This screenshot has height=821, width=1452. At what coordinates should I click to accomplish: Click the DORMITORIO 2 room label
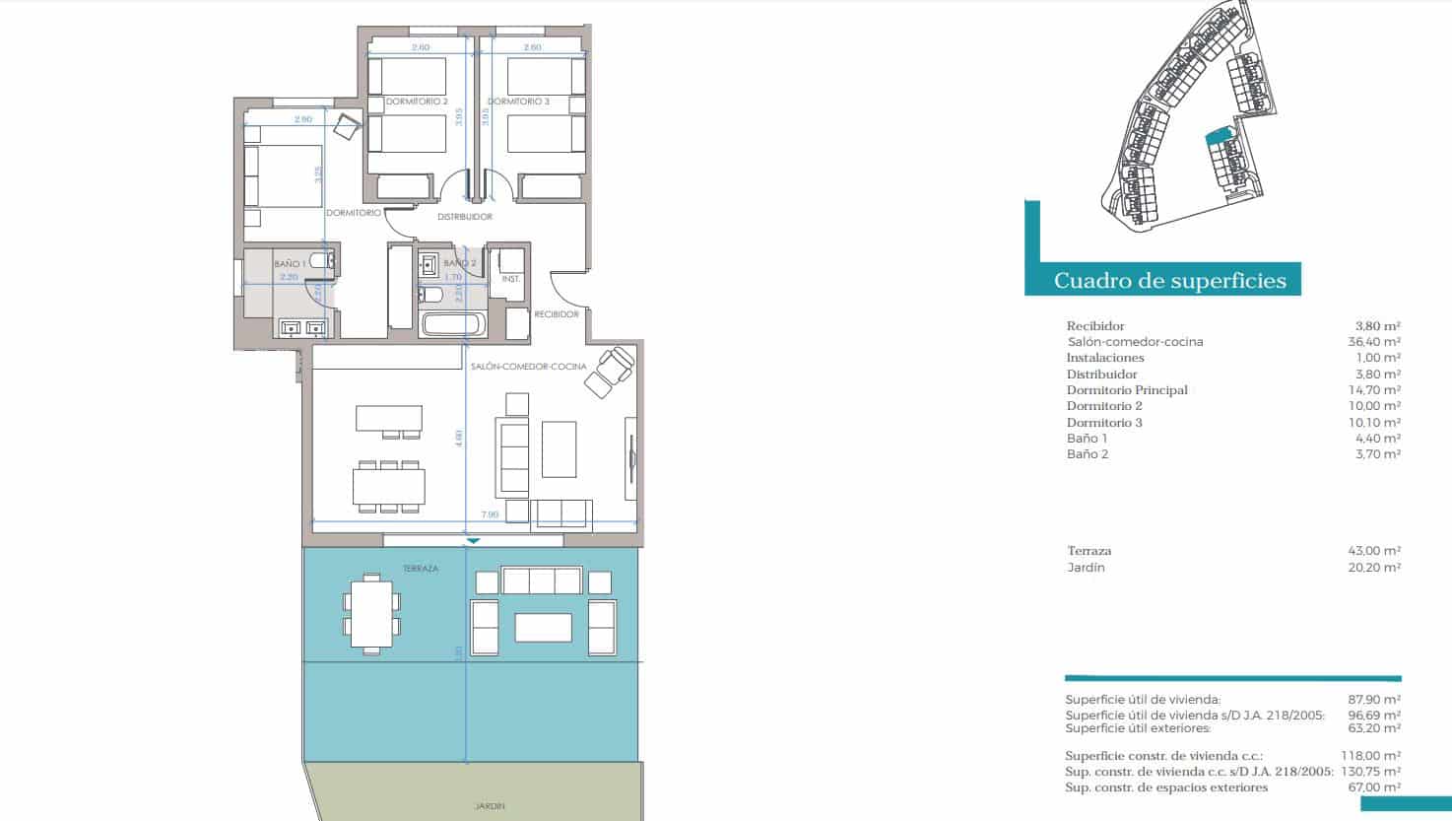point(417,102)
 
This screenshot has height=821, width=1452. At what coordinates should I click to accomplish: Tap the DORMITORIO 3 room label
point(518,102)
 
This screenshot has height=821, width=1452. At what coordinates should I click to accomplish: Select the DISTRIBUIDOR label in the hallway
point(465,217)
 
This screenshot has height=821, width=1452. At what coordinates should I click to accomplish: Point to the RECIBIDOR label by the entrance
point(557,314)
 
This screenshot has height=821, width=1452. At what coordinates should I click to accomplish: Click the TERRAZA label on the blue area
point(420,569)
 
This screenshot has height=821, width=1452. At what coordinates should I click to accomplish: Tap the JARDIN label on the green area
point(489,806)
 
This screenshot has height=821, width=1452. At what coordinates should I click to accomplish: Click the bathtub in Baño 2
point(453,324)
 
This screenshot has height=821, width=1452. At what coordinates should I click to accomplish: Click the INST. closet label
point(511,279)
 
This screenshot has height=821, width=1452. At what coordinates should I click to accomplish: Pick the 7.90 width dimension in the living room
point(490,514)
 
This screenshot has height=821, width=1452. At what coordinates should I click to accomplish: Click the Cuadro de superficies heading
point(1170,281)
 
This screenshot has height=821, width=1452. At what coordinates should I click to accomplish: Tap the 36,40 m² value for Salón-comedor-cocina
point(1377,342)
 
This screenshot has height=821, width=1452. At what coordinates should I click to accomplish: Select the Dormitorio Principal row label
point(1127,390)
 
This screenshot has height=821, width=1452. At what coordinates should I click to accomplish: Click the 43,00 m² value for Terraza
point(1377,551)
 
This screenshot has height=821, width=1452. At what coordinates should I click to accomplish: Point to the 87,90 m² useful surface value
point(1377,700)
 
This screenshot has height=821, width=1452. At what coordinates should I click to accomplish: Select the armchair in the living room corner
point(611,371)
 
